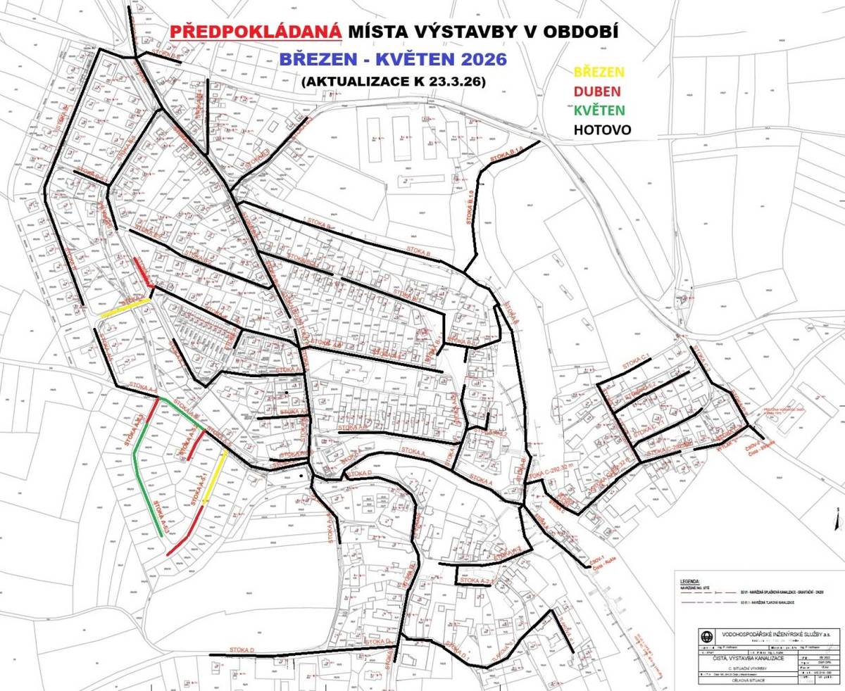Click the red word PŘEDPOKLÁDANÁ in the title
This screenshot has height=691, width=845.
pyautogui.click(x=256, y=32)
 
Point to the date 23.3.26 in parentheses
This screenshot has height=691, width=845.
pyautogui.click(x=448, y=81)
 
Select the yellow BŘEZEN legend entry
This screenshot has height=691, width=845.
pyautogui.click(x=600, y=72)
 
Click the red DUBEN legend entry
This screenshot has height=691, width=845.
pyautogui.click(x=598, y=91)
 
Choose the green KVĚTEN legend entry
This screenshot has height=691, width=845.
pyautogui.click(x=600, y=110)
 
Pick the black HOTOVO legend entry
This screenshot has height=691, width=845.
pyautogui.click(x=602, y=130)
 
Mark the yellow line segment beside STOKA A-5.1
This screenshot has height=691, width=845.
pyautogui.click(x=215, y=478)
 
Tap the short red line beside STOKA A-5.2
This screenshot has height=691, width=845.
pyautogui.click(x=196, y=445)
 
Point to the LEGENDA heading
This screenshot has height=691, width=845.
pyautogui.click(x=687, y=581)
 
